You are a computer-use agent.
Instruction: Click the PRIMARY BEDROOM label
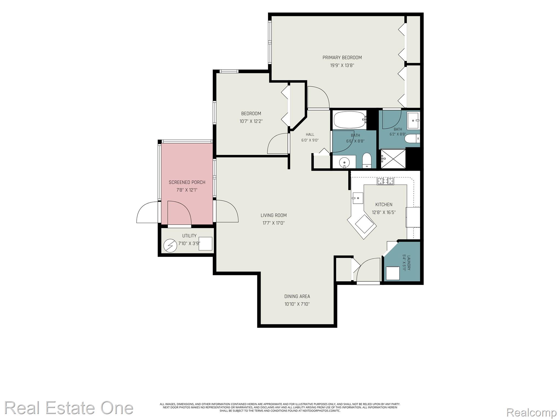pyautogui.click(x=342, y=57)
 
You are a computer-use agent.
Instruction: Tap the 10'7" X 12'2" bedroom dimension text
pyautogui.click(x=251, y=121)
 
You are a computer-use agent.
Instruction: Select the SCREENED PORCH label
pyautogui.click(x=187, y=182)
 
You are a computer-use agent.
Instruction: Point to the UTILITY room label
pyautogui.click(x=189, y=236)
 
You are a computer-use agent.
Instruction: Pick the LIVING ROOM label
pyautogui.click(x=274, y=215)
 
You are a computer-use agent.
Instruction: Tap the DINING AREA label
pyautogui.click(x=297, y=296)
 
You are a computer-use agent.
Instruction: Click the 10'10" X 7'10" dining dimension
pyautogui.click(x=297, y=304)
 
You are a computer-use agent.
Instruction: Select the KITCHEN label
pyautogui.click(x=384, y=205)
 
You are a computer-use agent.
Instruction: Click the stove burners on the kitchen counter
pyautogui.click(x=386, y=181)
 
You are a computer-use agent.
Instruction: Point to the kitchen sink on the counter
pyautogui.click(x=357, y=198)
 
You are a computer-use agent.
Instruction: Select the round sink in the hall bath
pyautogui.click(x=344, y=163)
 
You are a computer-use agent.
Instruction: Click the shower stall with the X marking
pyautogui.click(x=393, y=159)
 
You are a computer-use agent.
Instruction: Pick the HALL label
pyautogui.click(x=310, y=135)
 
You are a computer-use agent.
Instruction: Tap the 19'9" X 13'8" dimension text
pyautogui.click(x=342, y=65)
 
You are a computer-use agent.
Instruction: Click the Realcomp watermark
pyautogui.click(x=532, y=412)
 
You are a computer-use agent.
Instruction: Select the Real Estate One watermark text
pyautogui.click(x=69, y=408)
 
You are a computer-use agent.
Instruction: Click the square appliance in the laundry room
pyautogui.click(x=393, y=273)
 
